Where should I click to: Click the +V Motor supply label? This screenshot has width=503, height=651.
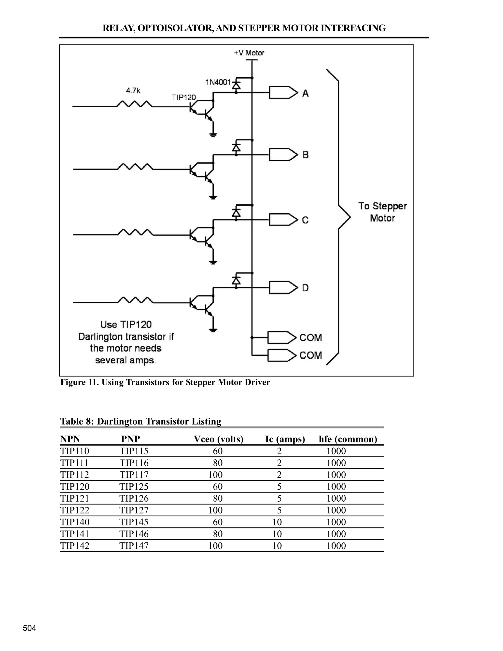coord(249,53)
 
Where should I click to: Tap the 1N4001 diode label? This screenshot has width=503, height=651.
coord(218,82)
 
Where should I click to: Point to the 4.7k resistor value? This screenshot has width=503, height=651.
coord(133,91)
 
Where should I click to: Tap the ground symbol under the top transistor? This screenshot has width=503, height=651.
coord(213,135)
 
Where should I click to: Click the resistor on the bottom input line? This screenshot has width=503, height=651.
coord(135,300)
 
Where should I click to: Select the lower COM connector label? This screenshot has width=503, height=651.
coord(310,355)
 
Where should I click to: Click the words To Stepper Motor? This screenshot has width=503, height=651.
coord(382,212)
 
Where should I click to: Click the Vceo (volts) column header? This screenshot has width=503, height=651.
coord(218,439)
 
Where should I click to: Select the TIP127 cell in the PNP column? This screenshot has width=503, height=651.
coord(134,510)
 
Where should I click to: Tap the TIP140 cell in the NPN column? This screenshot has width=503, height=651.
coord(75,522)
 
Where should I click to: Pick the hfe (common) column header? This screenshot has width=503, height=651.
coord(348,439)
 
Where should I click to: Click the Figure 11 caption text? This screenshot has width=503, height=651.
coord(165,382)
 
